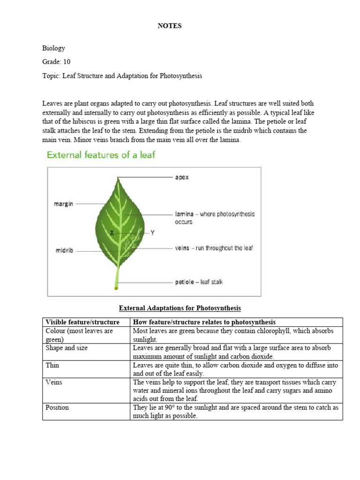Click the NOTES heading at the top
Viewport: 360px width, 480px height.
click(x=169, y=26)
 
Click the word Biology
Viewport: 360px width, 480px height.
click(x=53, y=48)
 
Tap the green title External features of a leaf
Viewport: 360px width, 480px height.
click(x=100, y=155)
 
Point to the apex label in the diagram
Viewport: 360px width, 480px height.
click(x=182, y=178)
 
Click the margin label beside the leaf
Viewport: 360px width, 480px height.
click(x=63, y=204)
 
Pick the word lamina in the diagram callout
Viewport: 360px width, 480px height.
click(x=184, y=214)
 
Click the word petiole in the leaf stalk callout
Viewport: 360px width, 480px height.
click(x=185, y=282)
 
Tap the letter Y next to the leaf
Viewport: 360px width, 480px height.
click(x=152, y=232)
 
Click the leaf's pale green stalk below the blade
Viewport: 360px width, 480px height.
click(x=117, y=277)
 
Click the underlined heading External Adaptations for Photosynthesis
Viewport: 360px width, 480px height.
click(x=180, y=308)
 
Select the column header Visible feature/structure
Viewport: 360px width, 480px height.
click(x=82, y=322)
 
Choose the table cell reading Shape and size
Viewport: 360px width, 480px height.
click(x=66, y=348)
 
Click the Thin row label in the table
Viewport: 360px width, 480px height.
click(x=52, y=365)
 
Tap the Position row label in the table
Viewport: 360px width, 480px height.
click(x=57, y=407)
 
